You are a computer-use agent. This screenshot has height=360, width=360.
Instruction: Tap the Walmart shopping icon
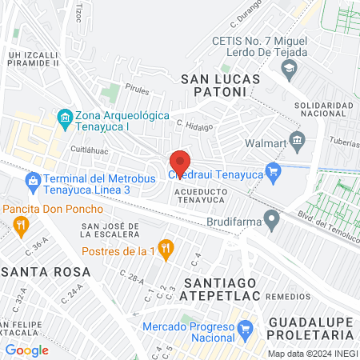point(298,143)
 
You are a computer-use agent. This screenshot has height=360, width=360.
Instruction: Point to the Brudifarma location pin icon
point(273,217)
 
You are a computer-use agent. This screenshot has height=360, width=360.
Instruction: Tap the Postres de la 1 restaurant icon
point(166,249)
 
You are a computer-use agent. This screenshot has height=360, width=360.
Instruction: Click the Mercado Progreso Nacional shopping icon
point(245,328)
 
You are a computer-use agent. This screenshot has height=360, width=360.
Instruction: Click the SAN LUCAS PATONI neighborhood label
point(213,85)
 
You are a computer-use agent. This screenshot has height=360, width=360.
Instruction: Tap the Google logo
point(26,350)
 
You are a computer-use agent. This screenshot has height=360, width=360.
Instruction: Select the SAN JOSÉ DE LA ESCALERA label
point(113,231)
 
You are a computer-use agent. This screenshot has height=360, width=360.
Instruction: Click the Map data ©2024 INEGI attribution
point(312,354)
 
